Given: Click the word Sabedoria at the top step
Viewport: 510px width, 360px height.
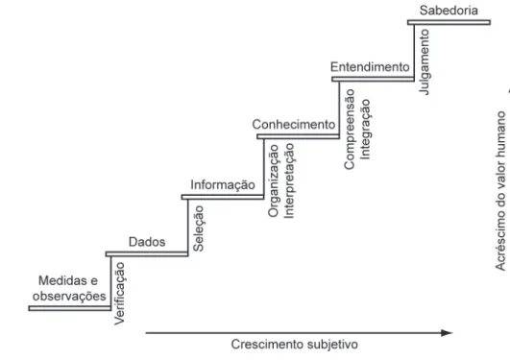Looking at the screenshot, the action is coord(449,11).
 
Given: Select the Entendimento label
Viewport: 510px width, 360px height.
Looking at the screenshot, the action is coord(370,67).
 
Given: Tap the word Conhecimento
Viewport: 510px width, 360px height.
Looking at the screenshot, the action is coord(294,125).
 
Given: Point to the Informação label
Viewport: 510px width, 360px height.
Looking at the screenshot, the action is coord(223,185).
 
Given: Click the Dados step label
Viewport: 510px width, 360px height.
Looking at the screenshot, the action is coord(147,242).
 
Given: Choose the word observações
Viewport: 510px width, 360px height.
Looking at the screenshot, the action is coord(69,297).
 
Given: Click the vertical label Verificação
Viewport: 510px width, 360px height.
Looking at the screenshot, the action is coord(119,294).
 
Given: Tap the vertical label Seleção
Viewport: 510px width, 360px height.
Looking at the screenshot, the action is coord(199,228).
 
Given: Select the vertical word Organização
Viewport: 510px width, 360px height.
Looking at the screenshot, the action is coord(274,180).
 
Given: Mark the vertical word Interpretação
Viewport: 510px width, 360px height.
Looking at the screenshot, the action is coord(289,180).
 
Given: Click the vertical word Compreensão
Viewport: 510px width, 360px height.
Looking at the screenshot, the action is coord(350,129).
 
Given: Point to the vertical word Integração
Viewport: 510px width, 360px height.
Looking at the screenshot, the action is coord(365,130).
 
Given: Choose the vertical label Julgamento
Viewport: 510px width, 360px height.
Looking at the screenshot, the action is coord(425,62).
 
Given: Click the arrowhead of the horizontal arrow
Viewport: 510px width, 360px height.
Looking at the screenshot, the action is coord(448,333).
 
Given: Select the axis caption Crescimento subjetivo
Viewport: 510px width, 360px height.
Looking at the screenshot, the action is coord(294,345).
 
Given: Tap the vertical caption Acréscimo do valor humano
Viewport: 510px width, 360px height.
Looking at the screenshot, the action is coord(500,191).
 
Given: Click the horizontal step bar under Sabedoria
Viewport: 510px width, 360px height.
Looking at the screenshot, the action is coord(449,22).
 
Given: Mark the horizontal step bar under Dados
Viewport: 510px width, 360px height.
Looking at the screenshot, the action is coord(147,254).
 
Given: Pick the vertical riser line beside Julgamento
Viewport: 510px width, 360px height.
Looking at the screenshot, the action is coord(414,52).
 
